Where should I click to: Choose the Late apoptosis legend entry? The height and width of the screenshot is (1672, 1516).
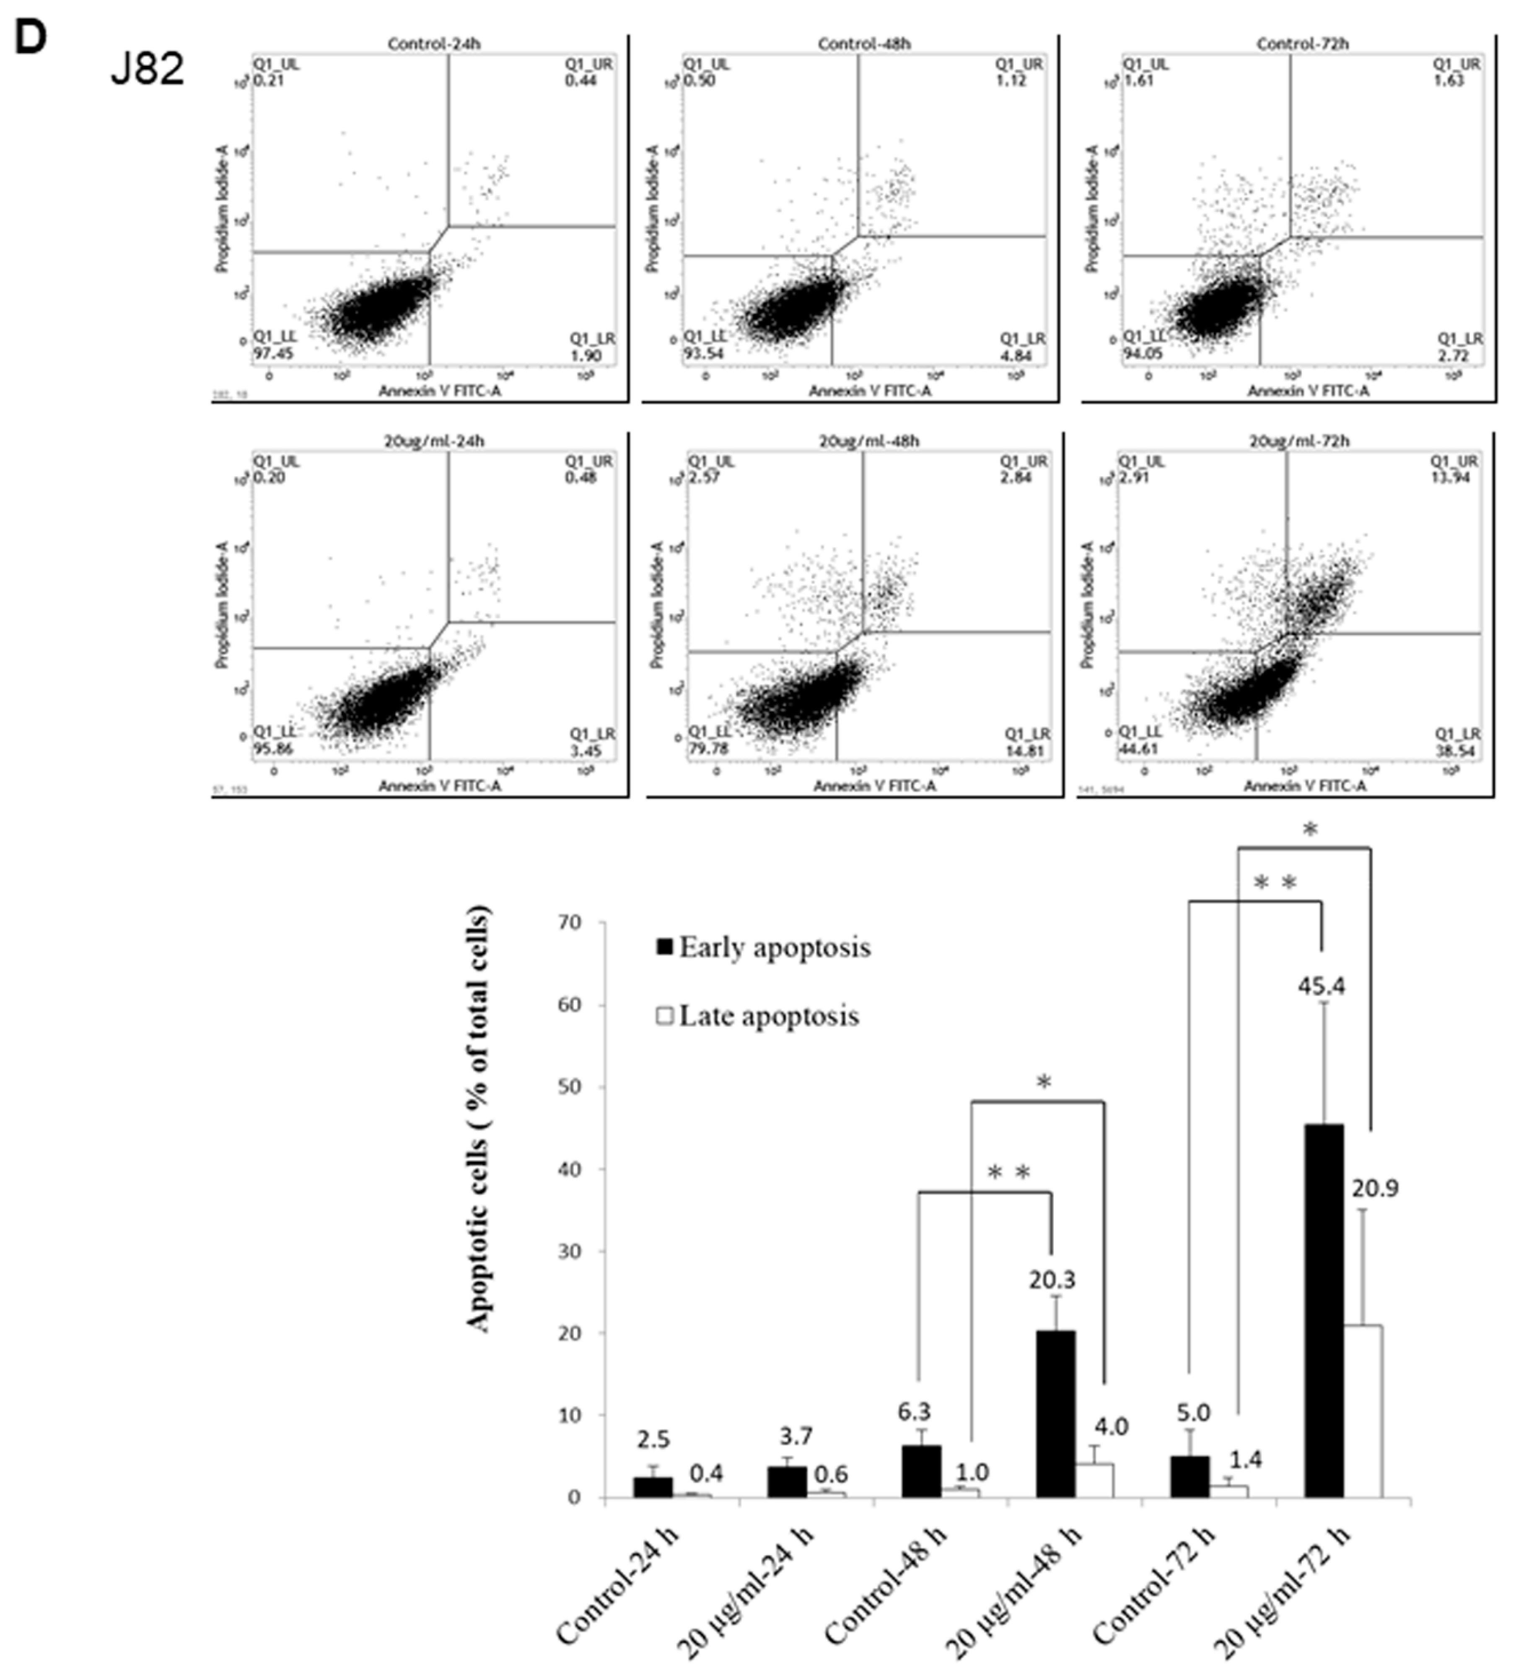pyautogui.click(x=757, y=1016)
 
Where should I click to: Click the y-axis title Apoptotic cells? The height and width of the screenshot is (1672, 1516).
pyautogui.click(x=479, y=1120)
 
